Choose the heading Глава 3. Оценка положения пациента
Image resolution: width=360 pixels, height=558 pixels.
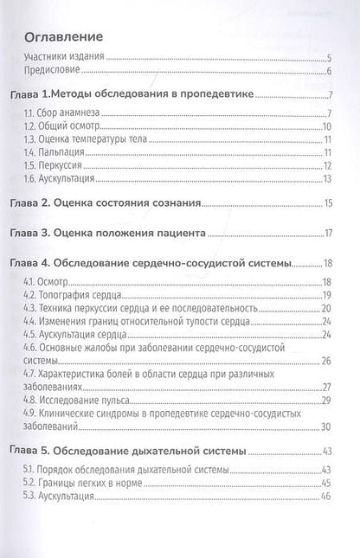click(x=132, y=232)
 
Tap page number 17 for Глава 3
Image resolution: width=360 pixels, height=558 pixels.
click(x=328, y=232)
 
